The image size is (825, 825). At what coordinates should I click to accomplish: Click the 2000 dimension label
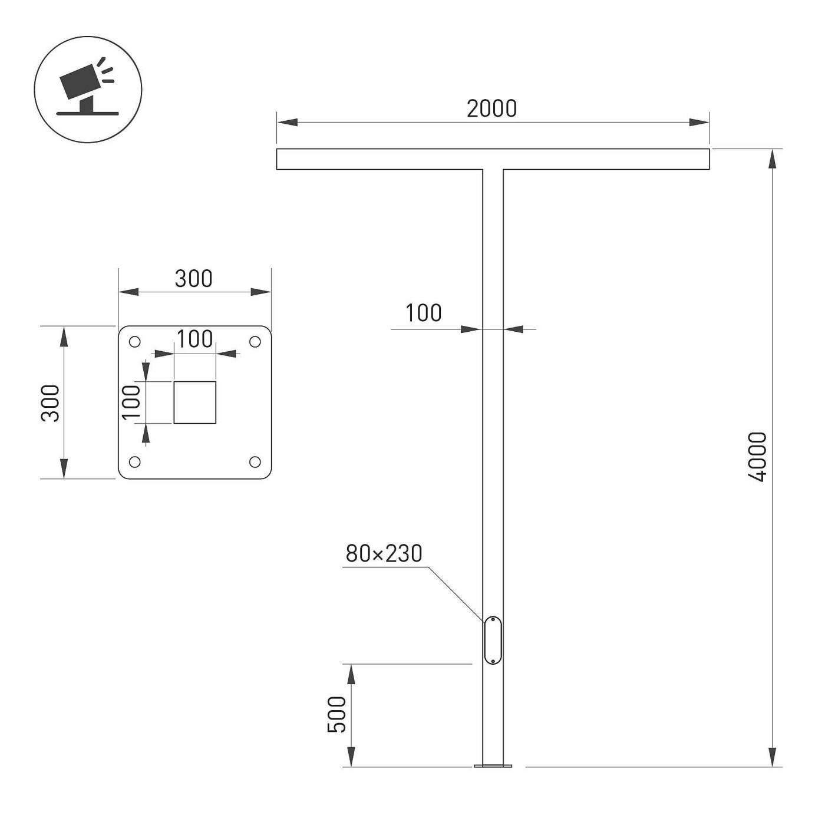491,108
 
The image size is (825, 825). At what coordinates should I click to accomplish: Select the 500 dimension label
336,715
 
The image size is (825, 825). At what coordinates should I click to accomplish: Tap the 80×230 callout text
384,553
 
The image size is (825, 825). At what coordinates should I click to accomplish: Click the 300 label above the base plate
193,279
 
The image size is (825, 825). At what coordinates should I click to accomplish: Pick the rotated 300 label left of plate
50,403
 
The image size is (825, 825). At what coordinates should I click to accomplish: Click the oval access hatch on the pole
492,641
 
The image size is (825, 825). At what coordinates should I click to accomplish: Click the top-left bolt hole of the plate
134,342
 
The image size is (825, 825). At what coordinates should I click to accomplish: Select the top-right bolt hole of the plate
255,342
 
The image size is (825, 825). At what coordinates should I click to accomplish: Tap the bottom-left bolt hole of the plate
134,462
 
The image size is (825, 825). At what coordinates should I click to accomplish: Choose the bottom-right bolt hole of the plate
255,462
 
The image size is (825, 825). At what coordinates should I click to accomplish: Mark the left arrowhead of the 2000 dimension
287,123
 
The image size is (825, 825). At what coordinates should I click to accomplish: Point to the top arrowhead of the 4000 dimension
773,159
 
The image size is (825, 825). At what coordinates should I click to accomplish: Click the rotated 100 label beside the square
131,402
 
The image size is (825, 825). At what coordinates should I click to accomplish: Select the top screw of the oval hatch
493,619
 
